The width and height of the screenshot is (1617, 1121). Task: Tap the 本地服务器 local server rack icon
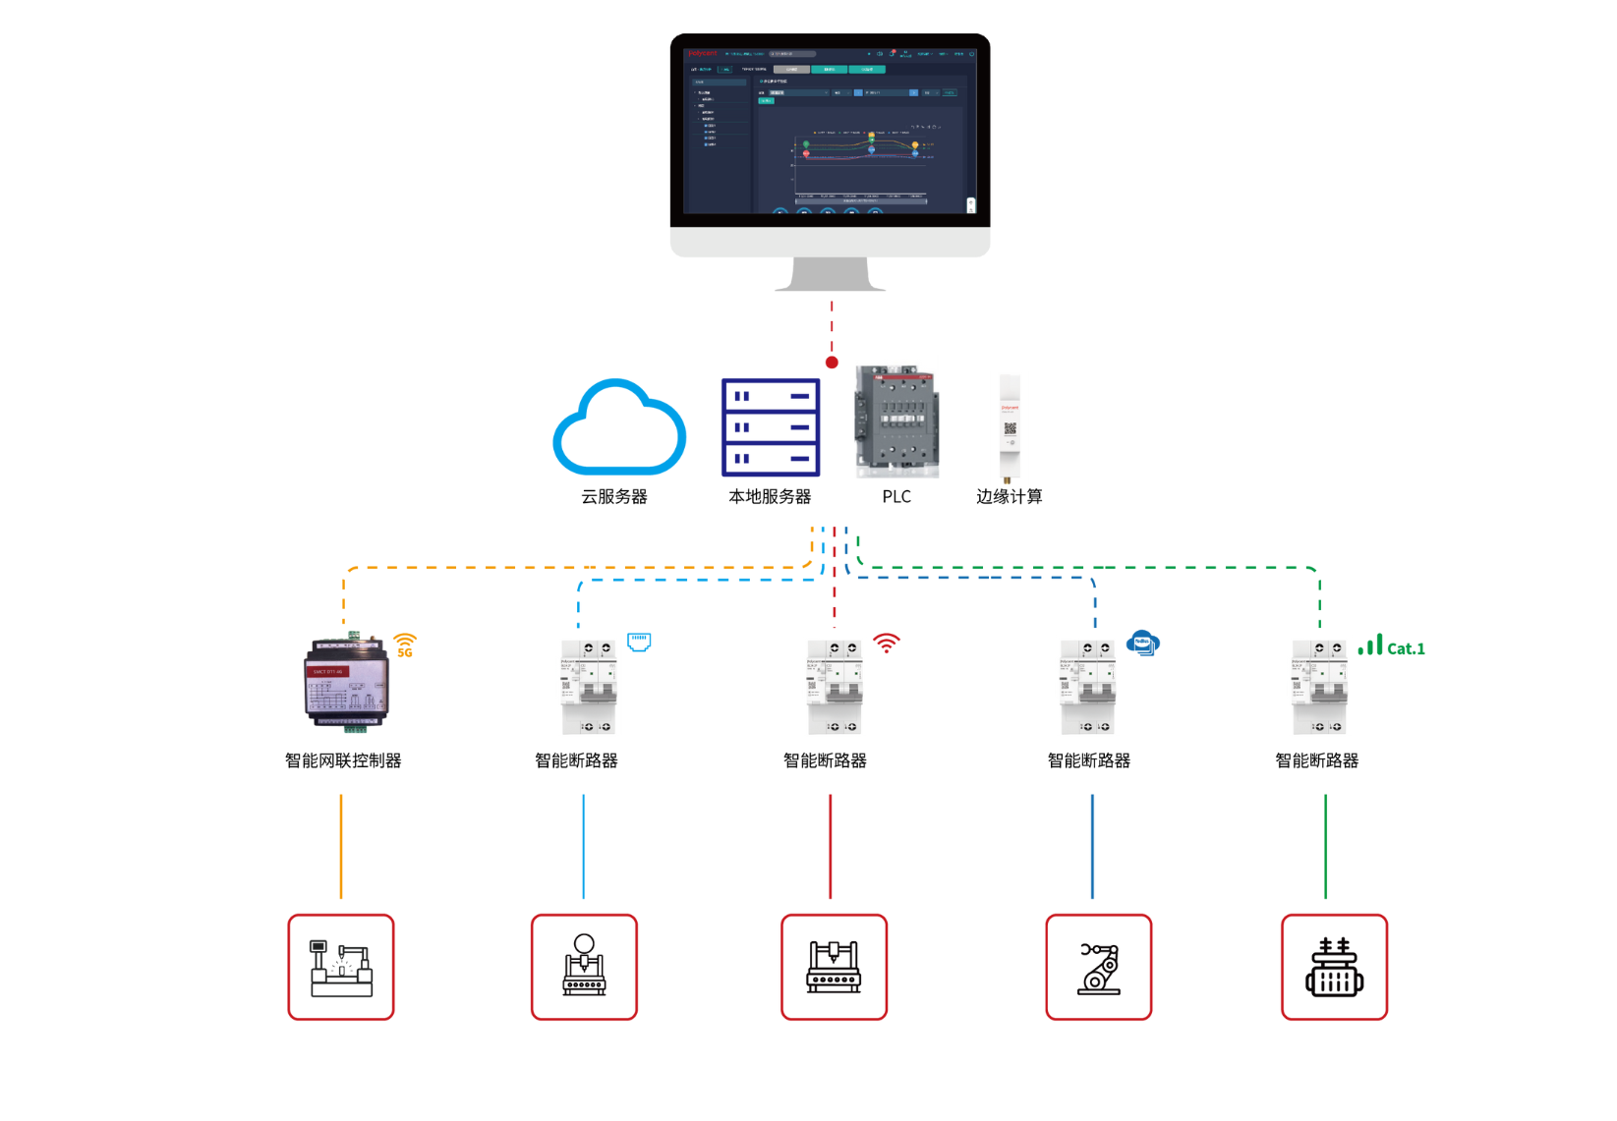point(771,427)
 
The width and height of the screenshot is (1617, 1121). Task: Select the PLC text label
point(896,497)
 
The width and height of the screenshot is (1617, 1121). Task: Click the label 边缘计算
point(1009,497)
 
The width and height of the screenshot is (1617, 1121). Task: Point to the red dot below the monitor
point(832,363)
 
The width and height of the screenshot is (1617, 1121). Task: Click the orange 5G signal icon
point(405,645)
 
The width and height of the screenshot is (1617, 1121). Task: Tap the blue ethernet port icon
point(639,642)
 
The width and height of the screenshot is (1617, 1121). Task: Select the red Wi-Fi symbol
point(887,644)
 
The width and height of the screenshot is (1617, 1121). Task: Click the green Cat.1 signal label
point(1391,647)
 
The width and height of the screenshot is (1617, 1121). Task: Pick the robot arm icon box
point(1098,967)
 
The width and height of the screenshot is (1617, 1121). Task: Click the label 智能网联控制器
point(343,760)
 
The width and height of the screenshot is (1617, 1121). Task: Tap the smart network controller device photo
point(347,683)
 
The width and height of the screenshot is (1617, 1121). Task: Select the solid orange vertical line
point(341,846)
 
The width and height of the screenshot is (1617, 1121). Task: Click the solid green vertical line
point(1325,846)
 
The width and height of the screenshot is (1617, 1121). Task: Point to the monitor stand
point(831,274)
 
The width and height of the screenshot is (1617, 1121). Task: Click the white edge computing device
point(1010,427)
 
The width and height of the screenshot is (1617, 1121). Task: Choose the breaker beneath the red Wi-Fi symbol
point(835,687)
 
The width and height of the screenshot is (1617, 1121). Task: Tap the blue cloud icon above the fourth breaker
point(1143,644)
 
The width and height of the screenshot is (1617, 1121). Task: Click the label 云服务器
point(614,497)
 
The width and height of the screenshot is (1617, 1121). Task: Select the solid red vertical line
point(831,846)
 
